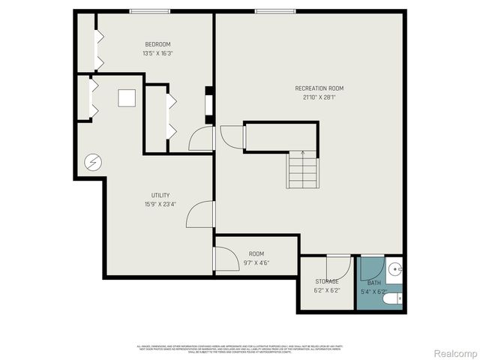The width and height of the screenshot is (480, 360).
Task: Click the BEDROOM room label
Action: (158, 43)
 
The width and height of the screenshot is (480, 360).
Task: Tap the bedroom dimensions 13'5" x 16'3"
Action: (158, 53)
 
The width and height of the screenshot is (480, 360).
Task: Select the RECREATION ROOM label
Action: (319, 88)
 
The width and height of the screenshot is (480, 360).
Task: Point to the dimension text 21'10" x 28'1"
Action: (319, 97)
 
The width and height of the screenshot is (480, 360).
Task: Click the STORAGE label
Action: (327, 281)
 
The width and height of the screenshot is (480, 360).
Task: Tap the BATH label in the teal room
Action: (373, 283)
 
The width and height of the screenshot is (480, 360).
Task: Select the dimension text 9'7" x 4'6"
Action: (257, 263)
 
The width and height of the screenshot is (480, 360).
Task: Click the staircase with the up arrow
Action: (303, 169)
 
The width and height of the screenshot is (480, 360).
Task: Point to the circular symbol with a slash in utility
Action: (92, 161)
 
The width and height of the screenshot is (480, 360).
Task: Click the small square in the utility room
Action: (125, 99)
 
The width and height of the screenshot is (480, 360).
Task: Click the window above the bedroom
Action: (148, 11)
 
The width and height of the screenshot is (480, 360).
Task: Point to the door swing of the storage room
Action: (339, 267)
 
